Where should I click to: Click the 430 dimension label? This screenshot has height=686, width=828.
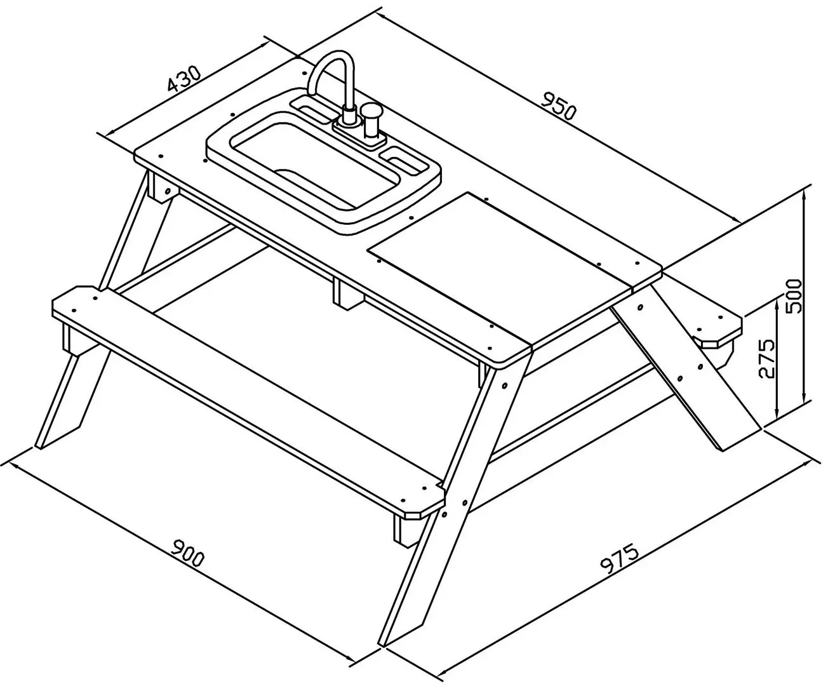coord(184,84)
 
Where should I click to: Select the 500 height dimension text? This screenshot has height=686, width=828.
coord(792,297)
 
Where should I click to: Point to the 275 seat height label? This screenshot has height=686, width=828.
coord(765,358)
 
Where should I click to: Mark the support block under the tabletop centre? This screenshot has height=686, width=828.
coord(347,294)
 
